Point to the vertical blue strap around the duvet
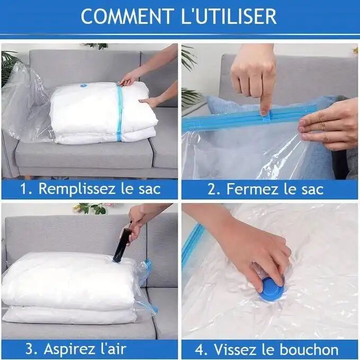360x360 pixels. (x=119, y=114)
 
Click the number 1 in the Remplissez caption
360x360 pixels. (x=24, y=189)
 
